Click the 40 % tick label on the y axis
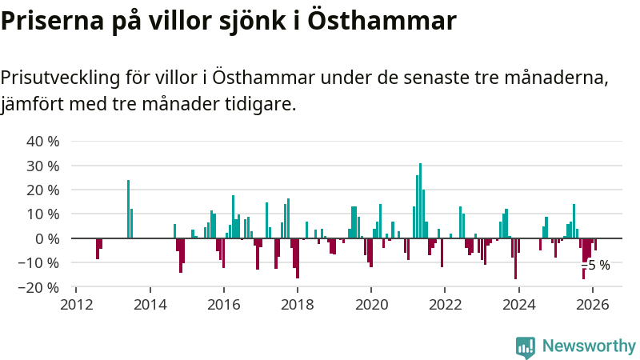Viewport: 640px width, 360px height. click(x=44, y=142)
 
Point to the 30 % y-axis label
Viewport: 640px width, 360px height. click(x=44, y=166)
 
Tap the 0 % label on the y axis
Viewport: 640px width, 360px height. click(x=47, y=238)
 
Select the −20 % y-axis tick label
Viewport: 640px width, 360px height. click(x=40, y=287)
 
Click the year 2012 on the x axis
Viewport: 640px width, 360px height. click(x=76, y=304)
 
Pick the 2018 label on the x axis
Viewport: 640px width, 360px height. click(x=298, y=304)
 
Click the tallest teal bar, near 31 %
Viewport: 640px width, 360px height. click(x=420, y=200)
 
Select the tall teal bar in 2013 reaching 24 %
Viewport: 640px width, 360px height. click(x=128, y=209)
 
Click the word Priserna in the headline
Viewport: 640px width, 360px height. click(x=51, y=22)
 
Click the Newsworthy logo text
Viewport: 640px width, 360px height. click(x=589, y=346)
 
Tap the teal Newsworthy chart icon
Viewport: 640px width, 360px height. click(x=526, y=346)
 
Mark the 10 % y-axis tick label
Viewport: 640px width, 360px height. click(x=44, y=214)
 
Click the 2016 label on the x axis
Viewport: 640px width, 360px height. click(x=224, y=304)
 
